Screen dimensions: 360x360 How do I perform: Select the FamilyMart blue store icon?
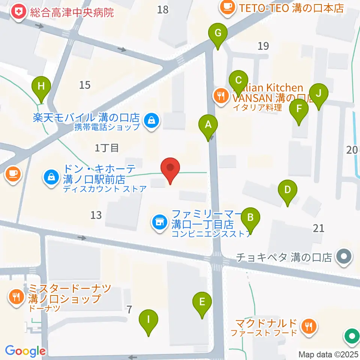click(159, 223)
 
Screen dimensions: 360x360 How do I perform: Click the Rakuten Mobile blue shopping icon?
click(151, 121)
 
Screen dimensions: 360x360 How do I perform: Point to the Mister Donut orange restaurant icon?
click(16, 298)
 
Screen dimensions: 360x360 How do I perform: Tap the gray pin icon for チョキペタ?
click(343, 257)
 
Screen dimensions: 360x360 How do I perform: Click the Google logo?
click(25, 351)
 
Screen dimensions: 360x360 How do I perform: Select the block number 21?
click(318, 228)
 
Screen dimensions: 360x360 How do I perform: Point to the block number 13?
click(96, 215)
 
